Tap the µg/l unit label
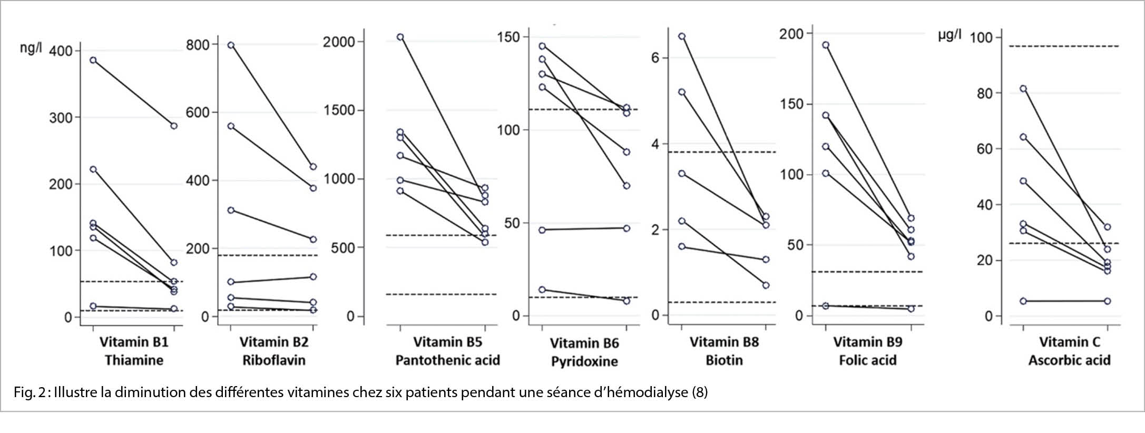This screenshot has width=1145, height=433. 950,36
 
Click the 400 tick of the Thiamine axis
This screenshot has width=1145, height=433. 61,51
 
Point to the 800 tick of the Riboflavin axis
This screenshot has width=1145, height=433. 198,44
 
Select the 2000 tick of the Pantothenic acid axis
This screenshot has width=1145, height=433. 339,42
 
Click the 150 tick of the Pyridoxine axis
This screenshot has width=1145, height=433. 508,37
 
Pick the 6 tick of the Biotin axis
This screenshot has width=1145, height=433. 655,57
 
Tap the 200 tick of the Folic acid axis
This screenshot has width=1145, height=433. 791,34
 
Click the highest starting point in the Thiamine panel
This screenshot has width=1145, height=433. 93,60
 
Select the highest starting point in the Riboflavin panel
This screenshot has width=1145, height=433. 231,45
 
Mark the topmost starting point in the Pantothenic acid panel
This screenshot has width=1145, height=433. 400,37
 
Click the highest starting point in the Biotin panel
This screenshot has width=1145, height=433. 682,36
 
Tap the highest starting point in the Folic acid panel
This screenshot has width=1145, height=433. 826,45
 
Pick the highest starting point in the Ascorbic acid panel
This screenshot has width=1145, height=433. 1023,89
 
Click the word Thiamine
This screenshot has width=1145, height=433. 134,360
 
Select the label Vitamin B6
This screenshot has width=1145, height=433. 584,343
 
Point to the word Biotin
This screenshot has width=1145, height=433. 724,360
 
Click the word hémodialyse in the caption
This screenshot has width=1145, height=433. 645,392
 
